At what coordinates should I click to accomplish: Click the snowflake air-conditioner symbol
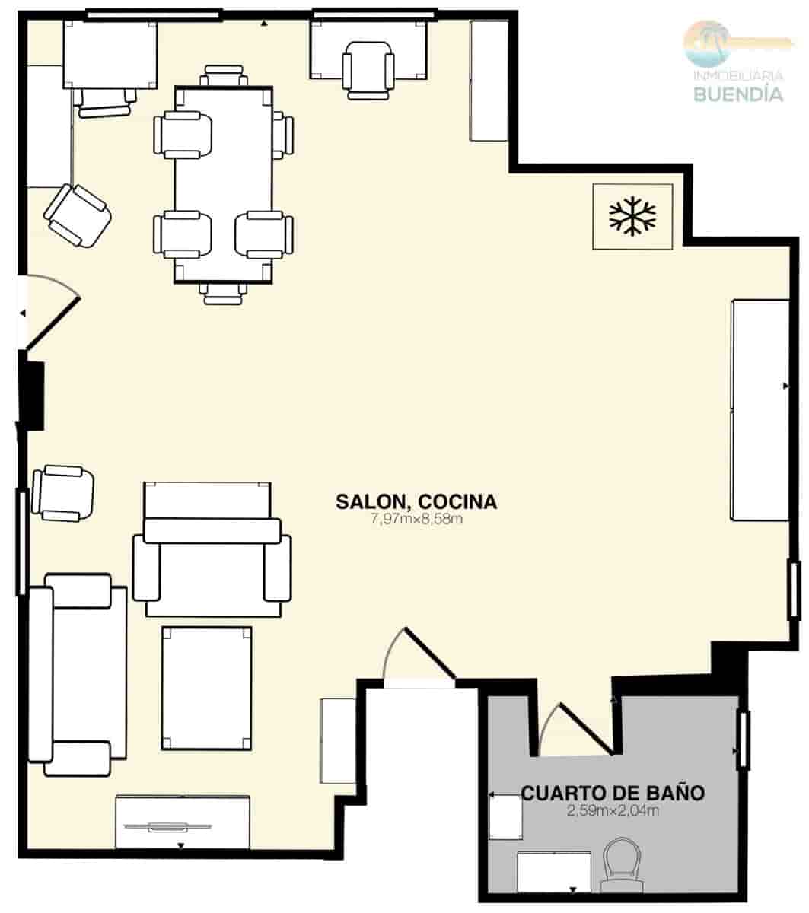point(632,216)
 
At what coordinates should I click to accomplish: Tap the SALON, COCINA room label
point(416,501)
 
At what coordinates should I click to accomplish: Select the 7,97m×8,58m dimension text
point(416,520)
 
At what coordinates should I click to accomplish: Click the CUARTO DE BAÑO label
point(613,793)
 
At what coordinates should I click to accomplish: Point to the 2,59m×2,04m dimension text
point(613,811)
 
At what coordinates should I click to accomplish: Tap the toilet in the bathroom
point(622,866)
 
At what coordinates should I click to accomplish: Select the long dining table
point(224,185)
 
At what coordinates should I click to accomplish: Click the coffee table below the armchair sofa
point(206,688)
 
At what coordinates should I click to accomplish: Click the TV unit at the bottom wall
point(183,822)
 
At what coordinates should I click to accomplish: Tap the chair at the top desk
point(369,70)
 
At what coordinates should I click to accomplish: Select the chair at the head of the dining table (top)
point(225,76)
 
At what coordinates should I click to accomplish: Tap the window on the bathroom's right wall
point(742,739)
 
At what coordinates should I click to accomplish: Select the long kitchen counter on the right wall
point(760,409)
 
